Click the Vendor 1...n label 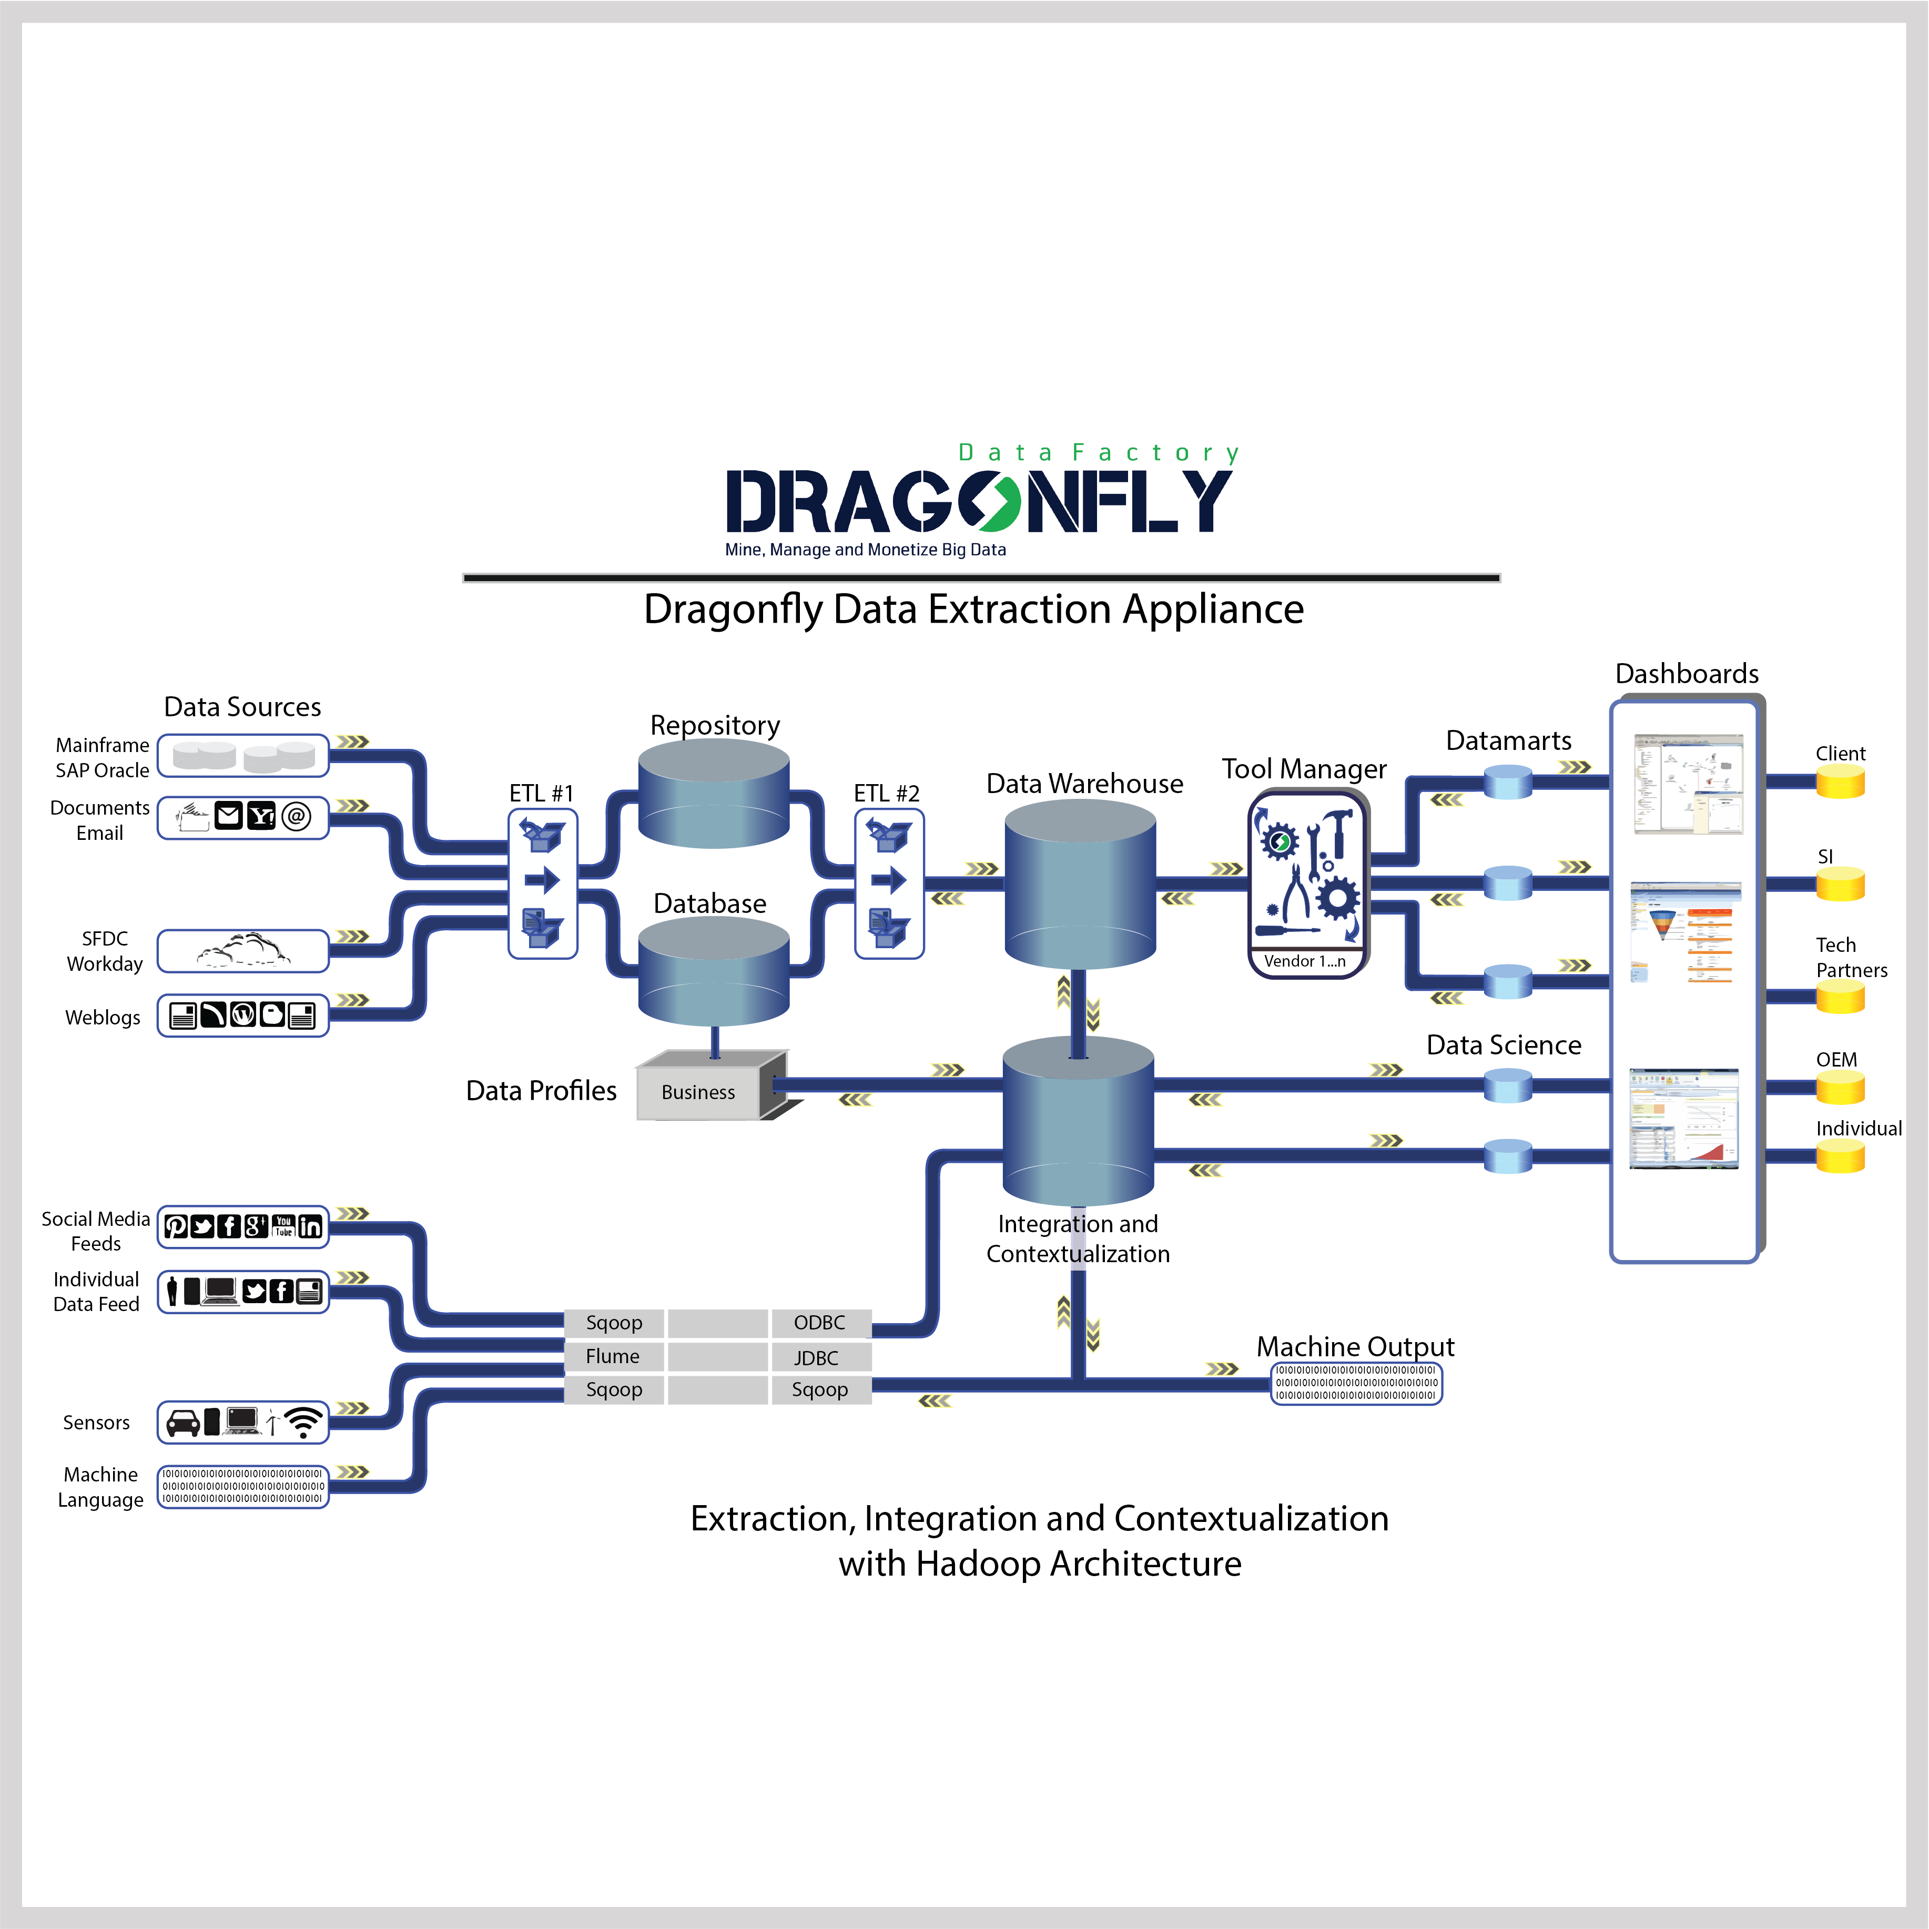[x=1304, y=960]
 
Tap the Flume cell [x=613, y=1356]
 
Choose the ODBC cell [x=820, y=1323]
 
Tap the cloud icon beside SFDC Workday [x=245, y=950]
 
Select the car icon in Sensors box [x=182, y=1422]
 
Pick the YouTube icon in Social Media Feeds [x=283, y=1226]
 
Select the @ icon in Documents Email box [x=296, y=817]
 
